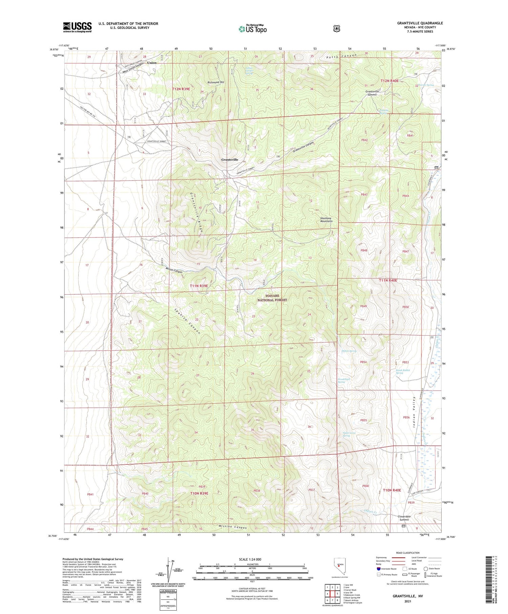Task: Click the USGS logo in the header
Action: point(77,27)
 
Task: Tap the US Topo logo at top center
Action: point(253,29)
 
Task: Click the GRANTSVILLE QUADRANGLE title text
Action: point(420,23)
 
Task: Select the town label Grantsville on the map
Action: point(230,160)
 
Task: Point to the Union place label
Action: point(152,63)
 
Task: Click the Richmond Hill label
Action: point(216,82)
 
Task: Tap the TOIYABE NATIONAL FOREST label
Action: point(272,298)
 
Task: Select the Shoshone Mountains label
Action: point(326,220)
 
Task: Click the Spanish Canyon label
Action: point(188,321)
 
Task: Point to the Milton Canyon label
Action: point(174,271)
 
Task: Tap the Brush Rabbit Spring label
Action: point(403,372)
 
